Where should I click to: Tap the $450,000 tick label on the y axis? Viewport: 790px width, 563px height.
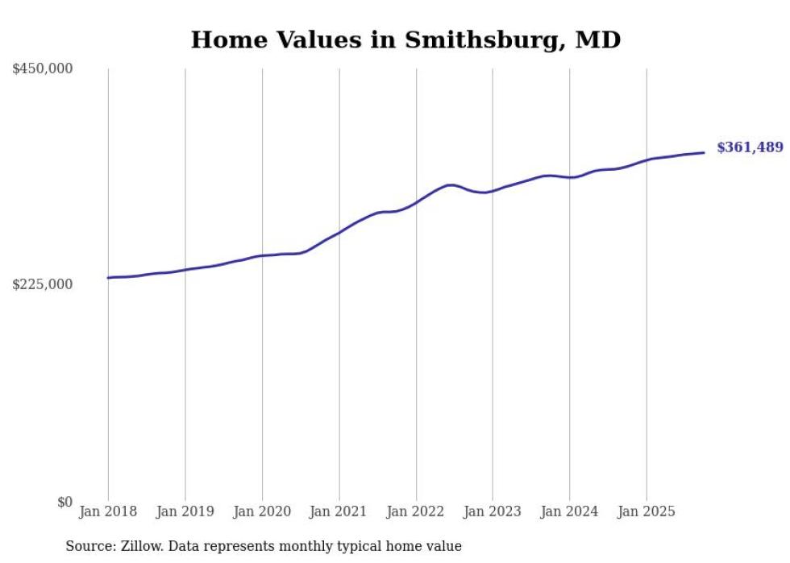[x=43, y=69]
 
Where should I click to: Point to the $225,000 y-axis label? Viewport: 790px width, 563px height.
[x=43, y=284]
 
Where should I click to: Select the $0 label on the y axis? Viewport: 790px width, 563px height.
[x=64, y=502]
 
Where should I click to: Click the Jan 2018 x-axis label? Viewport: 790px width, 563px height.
[x=108, y=511]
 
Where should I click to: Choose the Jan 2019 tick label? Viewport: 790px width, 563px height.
[x=185, y=511]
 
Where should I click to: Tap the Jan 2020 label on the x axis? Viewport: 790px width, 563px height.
[x=262, y=511]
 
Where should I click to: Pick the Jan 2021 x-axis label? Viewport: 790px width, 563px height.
[x=339, y=511]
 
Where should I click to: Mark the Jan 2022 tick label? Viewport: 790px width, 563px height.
[x=416, y=511]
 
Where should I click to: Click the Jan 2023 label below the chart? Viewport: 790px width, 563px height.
[x=493, y=511]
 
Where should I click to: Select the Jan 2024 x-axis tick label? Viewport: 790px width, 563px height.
[x=569, y=511]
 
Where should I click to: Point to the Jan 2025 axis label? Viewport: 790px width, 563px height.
[x=646, y=511]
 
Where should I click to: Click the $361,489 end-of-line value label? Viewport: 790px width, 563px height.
[x=750, y=147]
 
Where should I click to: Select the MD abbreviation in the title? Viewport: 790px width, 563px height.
[x=597, y=39]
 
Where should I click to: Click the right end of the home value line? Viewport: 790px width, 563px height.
[x=704, y=152]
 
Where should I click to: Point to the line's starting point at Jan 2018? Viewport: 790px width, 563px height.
[x=108, y=278]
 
